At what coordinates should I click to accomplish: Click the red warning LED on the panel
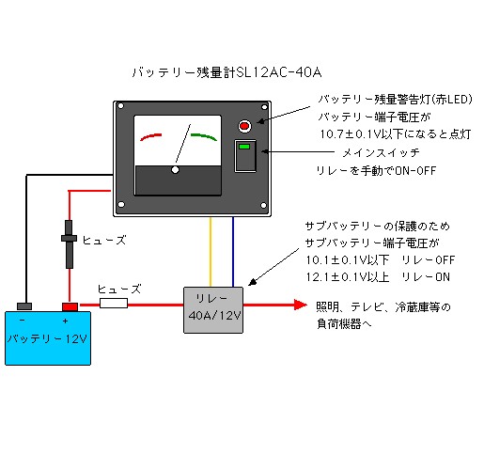pos(244,126)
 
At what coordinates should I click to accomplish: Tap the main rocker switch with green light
pos(245,156)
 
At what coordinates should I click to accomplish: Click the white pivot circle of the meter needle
pos(175,170)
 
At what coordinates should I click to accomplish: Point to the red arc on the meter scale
pos(150,136)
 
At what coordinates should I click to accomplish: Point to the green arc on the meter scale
pos(204,136)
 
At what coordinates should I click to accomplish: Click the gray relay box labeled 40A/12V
pos(213,310)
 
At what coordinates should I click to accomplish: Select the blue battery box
pos(48,338)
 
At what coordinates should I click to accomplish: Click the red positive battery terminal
pos(70,306)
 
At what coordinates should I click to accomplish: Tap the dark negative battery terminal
pos(24,306)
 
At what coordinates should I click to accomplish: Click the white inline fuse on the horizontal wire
pos(114,304)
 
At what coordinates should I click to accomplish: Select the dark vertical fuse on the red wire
pos(69,244)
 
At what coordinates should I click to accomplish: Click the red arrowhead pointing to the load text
pos(301,305)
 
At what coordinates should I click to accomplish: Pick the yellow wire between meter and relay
pos(211,252)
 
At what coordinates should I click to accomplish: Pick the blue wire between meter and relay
pos(233,252)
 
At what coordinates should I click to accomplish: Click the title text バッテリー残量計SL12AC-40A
pos(226,72)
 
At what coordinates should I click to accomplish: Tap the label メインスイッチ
pos(381,153)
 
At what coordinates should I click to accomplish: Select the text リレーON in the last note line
pos(426,277)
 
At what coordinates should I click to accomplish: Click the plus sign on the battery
pos(65,321)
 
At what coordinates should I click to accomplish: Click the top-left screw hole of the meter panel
pos(120,106)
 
